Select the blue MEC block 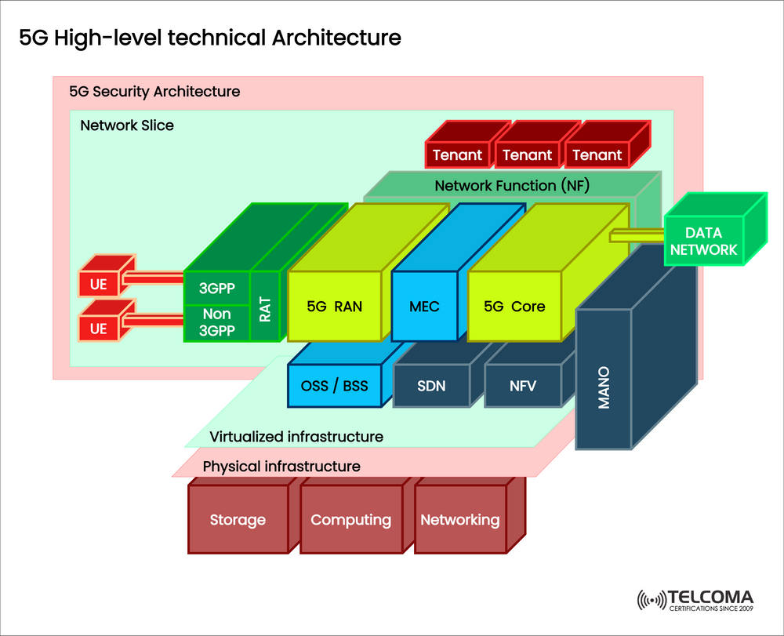[x=424, y=306]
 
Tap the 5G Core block [x=514, y=306]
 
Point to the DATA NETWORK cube [x=703, y=242]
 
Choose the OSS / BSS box [x=335, y=386]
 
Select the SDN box [x=431, y=386]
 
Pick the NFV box [x=523, y=386]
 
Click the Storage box [x=238, y=520]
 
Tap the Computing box [x=350, y=520]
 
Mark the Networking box [x=459, y=520]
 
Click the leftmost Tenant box [x=457, y=155]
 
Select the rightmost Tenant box [x=597, y=155]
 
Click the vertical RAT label [x=265, y=307]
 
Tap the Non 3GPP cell [x=216, y=323]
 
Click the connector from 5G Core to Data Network [x=637, y=234]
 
